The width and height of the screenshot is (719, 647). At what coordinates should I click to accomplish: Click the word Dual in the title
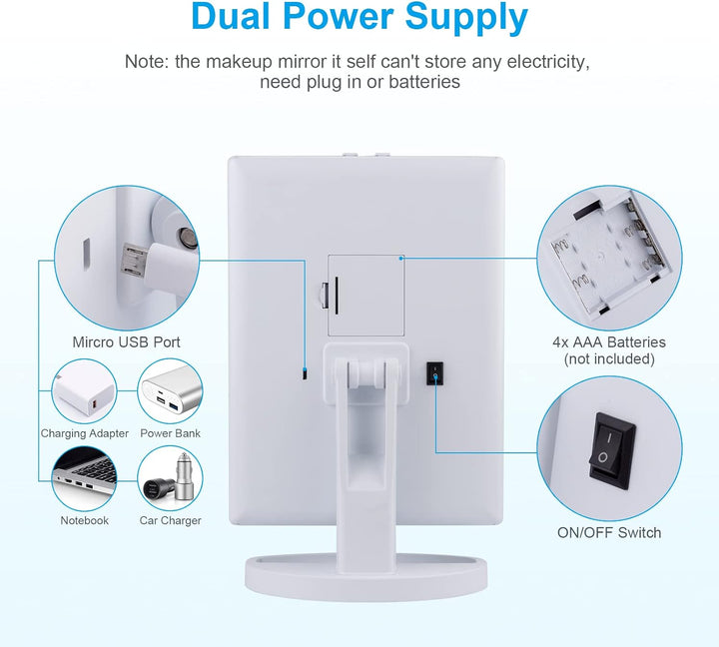coord(231,17)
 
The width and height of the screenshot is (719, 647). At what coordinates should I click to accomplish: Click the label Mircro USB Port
coord(126,342)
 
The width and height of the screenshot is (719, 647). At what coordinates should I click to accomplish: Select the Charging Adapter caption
coord(84,433)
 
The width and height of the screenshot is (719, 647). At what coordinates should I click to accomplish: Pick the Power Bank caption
coord(170,433)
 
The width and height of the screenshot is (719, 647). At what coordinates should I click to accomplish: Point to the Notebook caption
coord(84,520)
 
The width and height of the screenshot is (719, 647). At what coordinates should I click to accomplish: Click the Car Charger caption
coord(170,521)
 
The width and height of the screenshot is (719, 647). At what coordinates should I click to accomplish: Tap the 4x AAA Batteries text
coord(609,342)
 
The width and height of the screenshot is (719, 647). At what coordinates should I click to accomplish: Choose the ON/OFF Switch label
coord(609,533)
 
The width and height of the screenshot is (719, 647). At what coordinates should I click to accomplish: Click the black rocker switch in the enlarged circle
coord(611,450)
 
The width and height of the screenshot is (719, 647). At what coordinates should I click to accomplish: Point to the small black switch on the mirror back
coord(434,373)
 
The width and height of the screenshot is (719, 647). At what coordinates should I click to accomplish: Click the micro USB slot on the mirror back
coord(305,373)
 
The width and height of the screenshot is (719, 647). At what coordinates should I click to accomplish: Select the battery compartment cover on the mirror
coord(365,296)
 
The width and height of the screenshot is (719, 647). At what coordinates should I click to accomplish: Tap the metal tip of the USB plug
coord(133,260)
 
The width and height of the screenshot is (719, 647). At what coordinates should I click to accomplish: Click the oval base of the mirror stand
coord(365,578)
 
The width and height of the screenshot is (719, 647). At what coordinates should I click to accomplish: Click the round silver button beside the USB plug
coord(188,238)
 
